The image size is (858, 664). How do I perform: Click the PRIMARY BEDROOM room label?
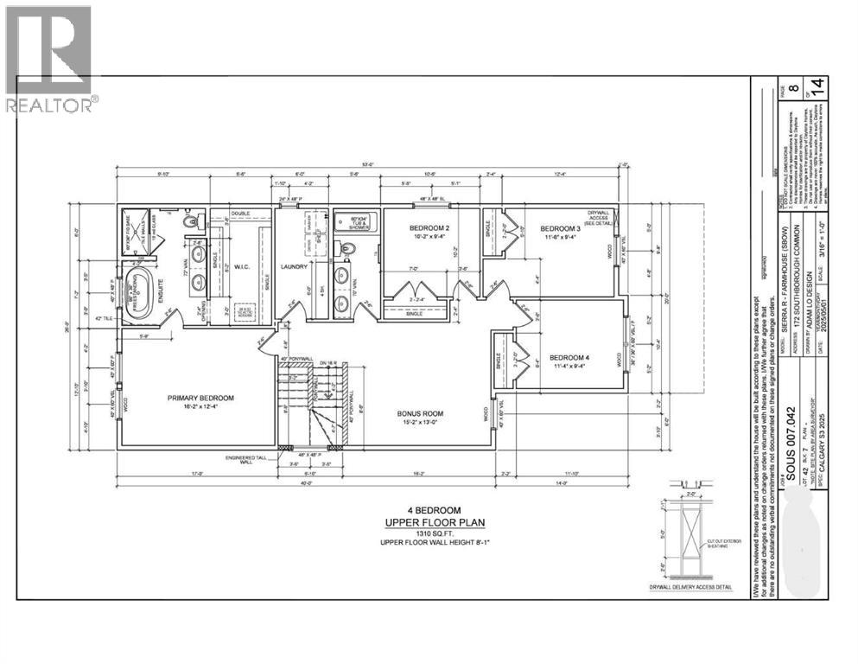[200, 399]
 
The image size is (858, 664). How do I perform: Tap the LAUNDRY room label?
[294, 267]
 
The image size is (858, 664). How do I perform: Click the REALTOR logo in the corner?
[48, 57]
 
